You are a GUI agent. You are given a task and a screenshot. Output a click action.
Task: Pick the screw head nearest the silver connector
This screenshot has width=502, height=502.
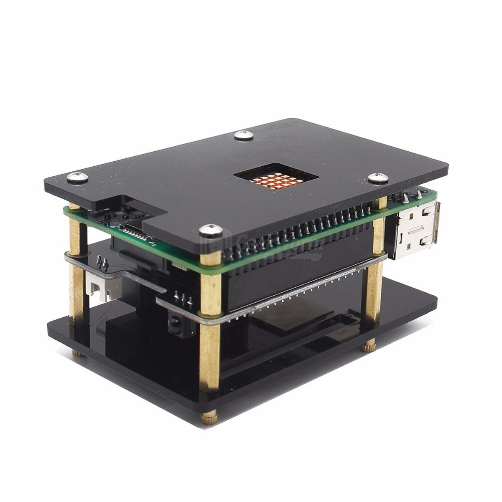[378, 177]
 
